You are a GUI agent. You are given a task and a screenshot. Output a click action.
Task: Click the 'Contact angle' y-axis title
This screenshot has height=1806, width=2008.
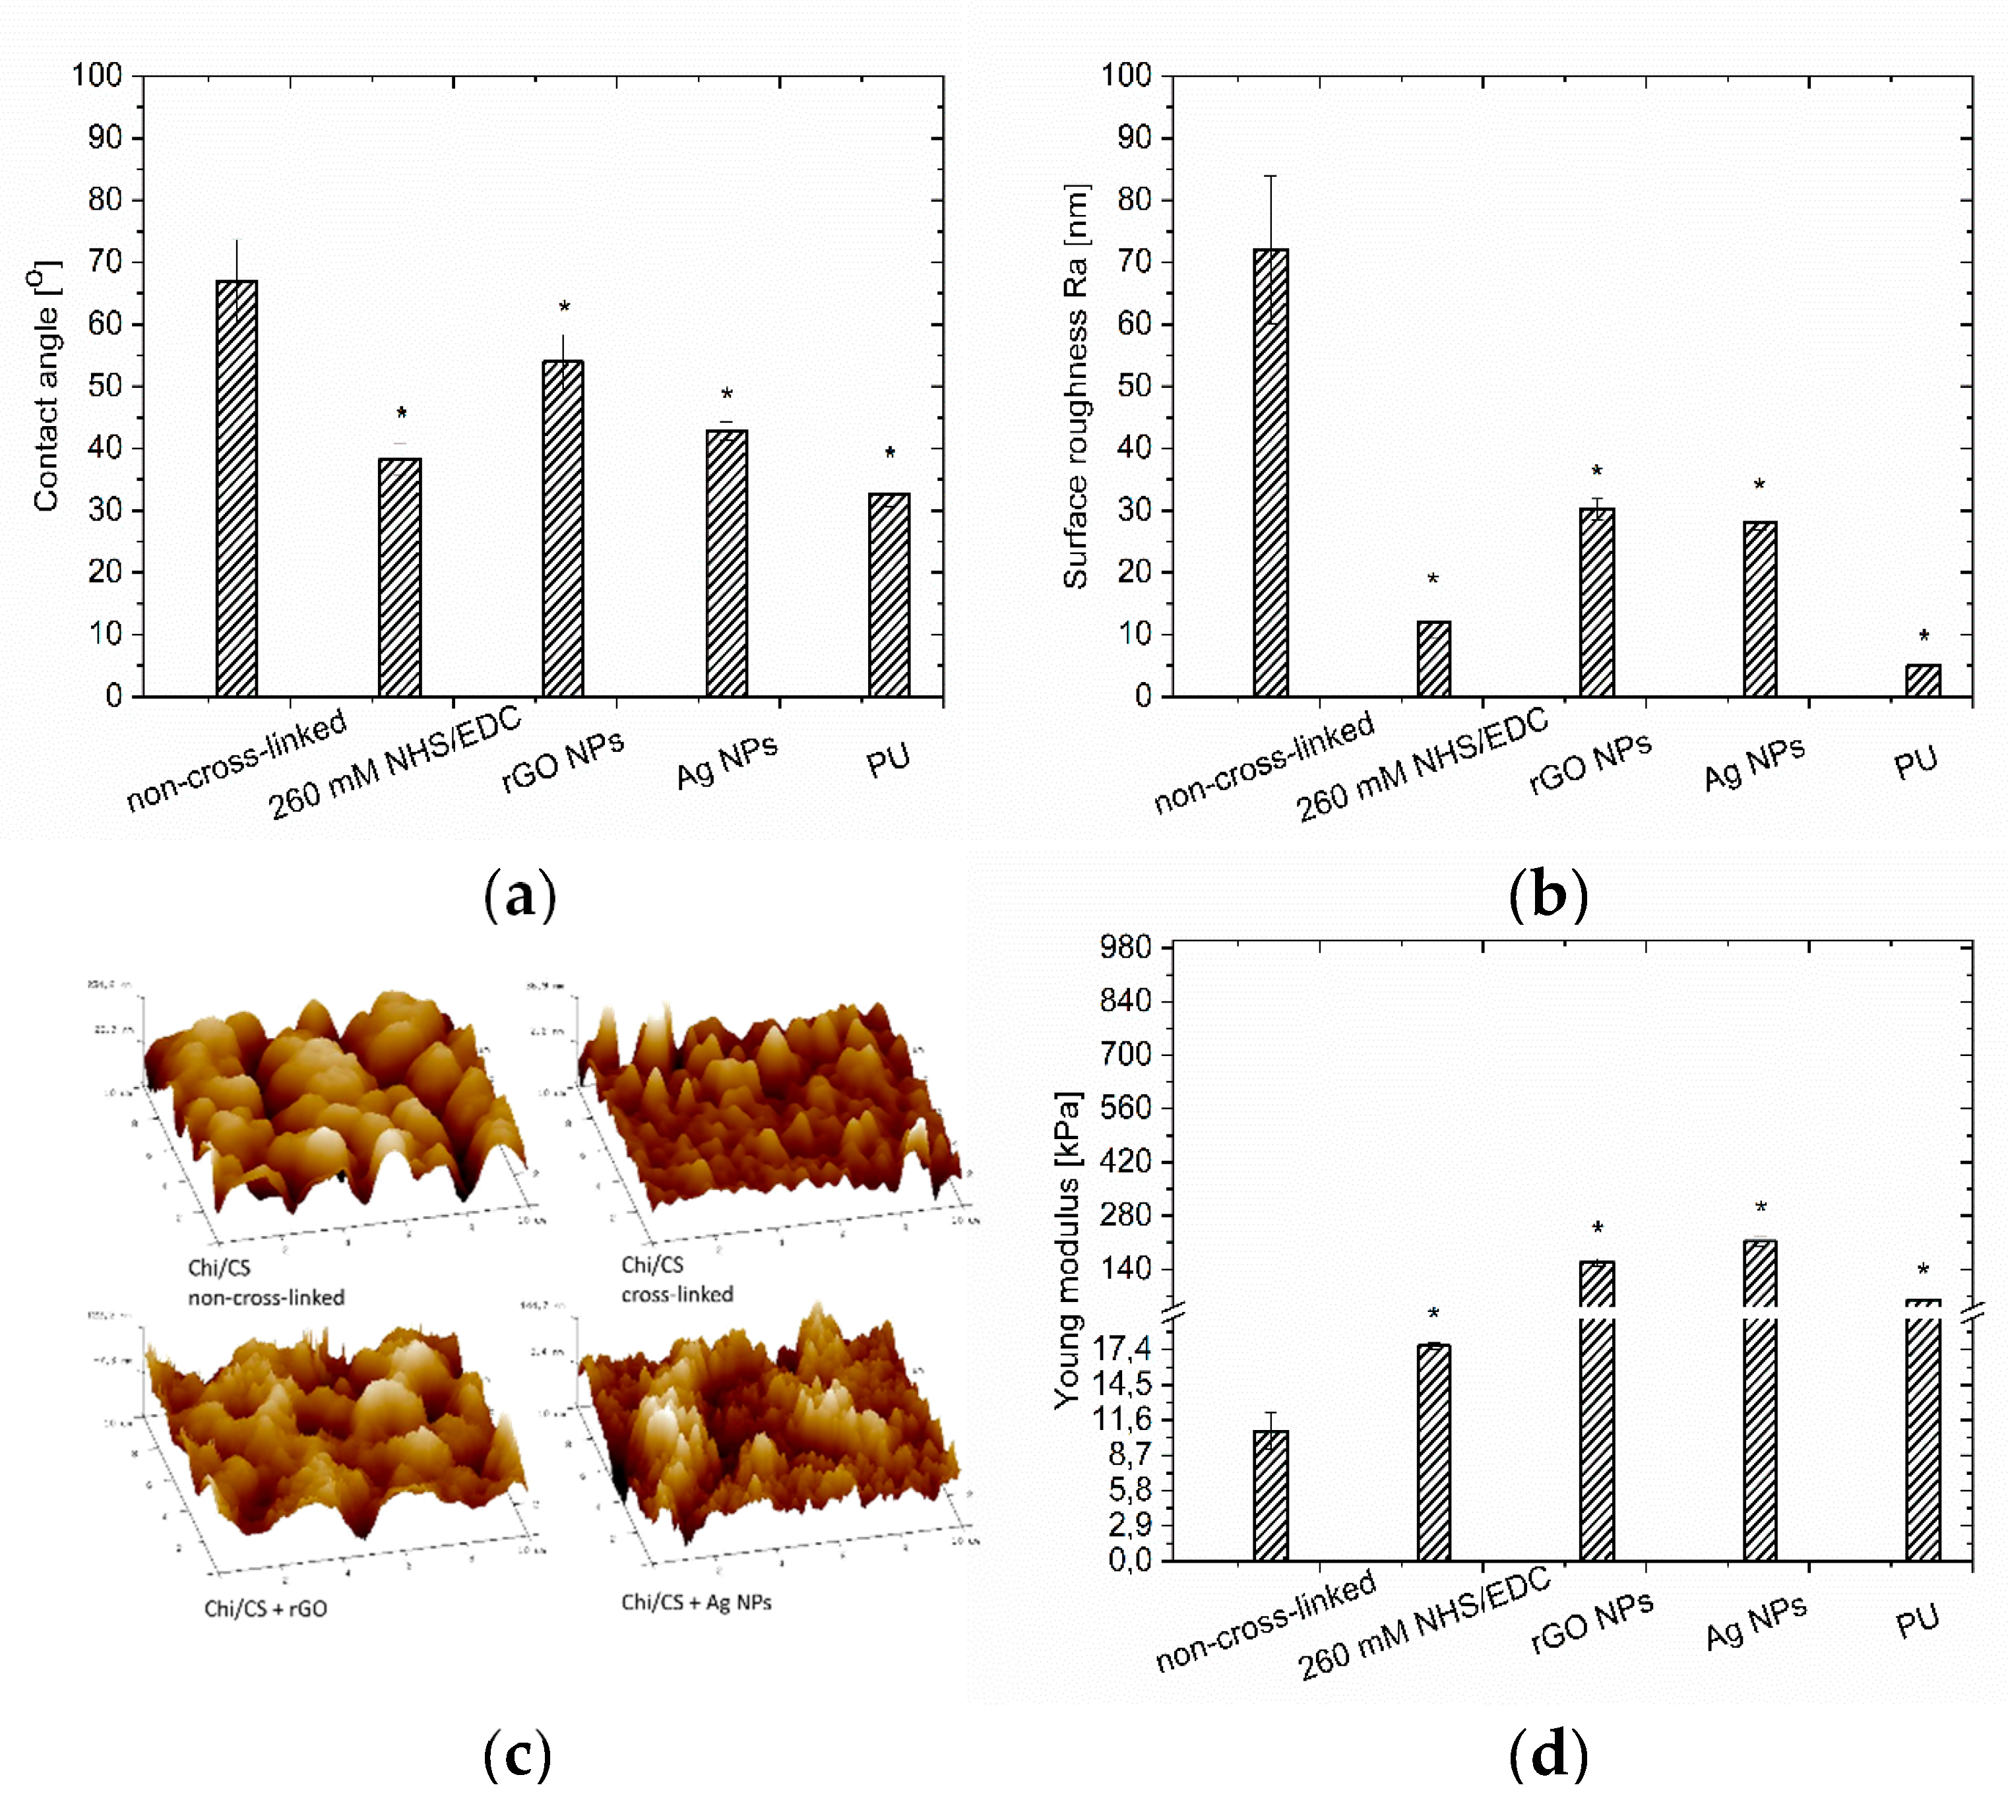(45, 387)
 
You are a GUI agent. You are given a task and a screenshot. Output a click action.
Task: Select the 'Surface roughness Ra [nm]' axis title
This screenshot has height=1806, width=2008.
(1075, 387)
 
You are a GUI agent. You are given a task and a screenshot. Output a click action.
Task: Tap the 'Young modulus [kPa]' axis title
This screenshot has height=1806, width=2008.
(1067, 1251)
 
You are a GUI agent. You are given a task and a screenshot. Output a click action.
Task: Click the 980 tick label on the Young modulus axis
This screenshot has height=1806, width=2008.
(1125, 946)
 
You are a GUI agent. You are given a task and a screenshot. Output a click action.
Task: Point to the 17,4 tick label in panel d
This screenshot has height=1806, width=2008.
(1121, 1348)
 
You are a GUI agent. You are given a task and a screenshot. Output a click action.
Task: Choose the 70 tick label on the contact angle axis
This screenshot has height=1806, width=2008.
(104, 262)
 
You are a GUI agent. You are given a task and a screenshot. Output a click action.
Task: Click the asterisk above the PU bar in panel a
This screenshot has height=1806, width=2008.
(889, 454)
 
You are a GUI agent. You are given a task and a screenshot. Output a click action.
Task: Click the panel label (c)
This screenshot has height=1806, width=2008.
(517, 1755)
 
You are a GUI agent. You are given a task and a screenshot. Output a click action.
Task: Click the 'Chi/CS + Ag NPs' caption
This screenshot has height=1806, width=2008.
(696, 1602)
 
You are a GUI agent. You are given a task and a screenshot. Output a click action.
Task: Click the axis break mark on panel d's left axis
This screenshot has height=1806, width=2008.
(1174, 1314)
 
